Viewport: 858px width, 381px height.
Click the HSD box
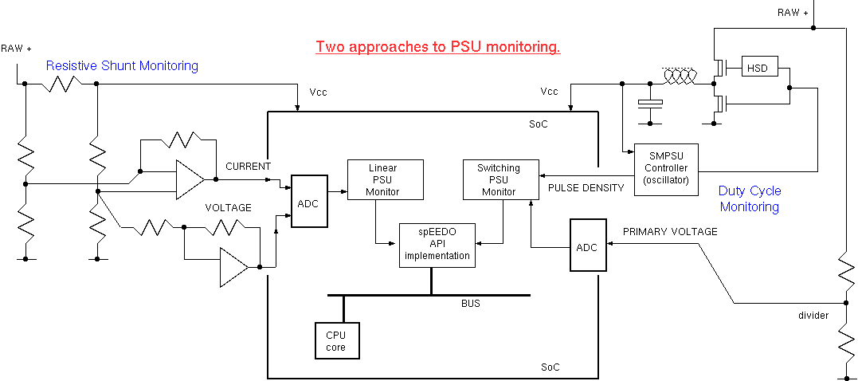(x=758, y=68)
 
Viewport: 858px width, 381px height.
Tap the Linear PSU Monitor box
(x=385, y=179)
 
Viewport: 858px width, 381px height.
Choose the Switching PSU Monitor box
(x=499, y=179)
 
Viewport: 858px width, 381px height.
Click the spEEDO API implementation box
(x=437, y=245)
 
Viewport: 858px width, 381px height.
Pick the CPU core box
(x=336, y=340)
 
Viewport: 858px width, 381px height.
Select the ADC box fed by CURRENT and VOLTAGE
(x=308, y=202)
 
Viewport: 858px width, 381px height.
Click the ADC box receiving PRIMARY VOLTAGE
(x=586, y=246)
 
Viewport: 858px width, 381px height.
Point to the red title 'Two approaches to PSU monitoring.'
(x=438, y=47)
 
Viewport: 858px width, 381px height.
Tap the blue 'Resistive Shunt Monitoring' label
(x=122, y=65)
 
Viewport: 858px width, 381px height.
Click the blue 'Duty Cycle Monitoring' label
(x=750, y=199)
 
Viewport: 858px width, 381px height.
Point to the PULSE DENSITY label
(x=586, y=188)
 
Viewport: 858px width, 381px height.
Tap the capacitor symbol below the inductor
(x=651, y=104)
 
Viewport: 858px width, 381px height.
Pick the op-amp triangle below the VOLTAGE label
(x=233, y=267)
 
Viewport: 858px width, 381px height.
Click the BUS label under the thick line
(x=471, y=304)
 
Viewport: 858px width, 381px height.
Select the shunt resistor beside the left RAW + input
(x=60, y=83)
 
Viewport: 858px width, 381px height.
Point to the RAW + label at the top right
(x=793, y=12)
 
